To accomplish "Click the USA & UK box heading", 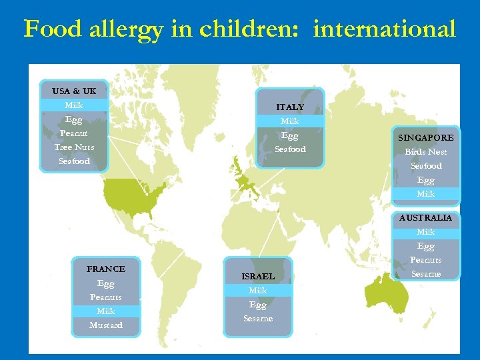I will [x=74, y=91].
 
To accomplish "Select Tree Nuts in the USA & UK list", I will [x=74, y=147].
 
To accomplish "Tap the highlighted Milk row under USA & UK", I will [x=74, y=105].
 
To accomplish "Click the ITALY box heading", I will [x=290, y=107].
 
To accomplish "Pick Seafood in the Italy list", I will [x=290, y=149].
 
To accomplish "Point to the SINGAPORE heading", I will [x=425, y=138].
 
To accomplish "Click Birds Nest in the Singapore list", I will [x=425, y=152].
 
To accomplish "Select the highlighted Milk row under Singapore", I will [x=425, y=194].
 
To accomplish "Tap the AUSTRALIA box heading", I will [x=425, y=218].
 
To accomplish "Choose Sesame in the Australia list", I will [x=425, y=274].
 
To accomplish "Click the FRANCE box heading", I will [x=106, y=269].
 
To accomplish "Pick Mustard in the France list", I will [x=106, y=325].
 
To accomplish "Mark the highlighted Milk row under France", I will [x=106, y=311].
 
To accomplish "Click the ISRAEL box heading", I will [x=258, y=276].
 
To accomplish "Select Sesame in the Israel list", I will [x=258, y=319].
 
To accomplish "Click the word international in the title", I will [x=384, y=29].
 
